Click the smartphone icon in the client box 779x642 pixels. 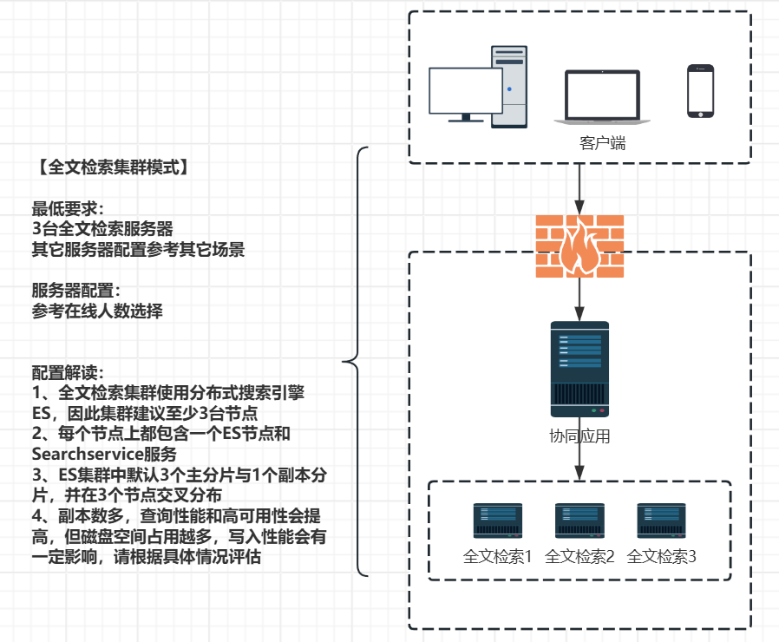700,90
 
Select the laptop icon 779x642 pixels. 602,95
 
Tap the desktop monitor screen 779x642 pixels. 466,90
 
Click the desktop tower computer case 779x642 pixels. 509,87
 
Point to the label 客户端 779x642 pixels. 602,143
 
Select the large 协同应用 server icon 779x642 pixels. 579,369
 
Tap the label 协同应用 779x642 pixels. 579,436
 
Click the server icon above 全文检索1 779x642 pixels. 497,521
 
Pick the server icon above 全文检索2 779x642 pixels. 579,521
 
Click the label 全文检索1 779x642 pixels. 498,557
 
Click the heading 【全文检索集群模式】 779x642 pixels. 111,167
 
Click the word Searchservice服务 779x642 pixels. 104,454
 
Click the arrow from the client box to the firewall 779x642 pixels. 579,187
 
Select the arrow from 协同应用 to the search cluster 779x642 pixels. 579,464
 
